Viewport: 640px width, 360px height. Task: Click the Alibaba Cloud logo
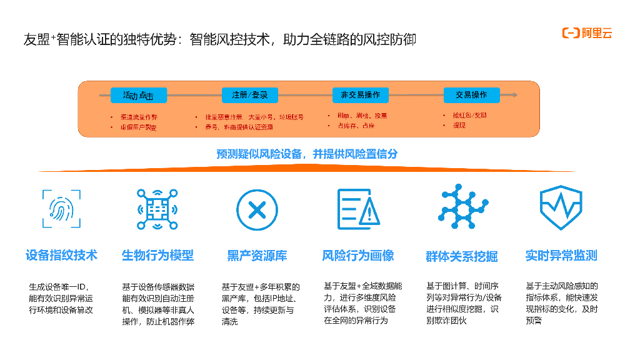tap(587, 33)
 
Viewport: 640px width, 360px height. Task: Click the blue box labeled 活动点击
tap(139, 95)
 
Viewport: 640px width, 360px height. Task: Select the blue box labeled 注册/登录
tap(250, 95)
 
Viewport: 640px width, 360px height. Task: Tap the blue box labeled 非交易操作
tap(360, 95)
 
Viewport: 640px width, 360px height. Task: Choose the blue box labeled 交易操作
tap(471, 95)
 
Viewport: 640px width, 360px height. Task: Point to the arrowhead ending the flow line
tap(514, 95)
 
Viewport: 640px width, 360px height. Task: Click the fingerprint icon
tap(61, 209)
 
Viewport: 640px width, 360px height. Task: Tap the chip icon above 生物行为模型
tap(157, 209)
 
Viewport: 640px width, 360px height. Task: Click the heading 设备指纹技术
tap(61, 255)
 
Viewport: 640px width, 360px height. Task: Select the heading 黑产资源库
tap(257, 255)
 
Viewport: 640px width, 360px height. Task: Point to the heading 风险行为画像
tap(358, 255)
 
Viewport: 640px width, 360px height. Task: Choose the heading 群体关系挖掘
tap(461, 256)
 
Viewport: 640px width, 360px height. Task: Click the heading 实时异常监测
tap(561, 255)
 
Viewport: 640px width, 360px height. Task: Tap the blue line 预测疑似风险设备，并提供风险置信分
tap(307, 154)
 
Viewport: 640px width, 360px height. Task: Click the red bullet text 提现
tap(459, 126)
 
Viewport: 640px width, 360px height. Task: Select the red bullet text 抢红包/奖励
tap(469, 115)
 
